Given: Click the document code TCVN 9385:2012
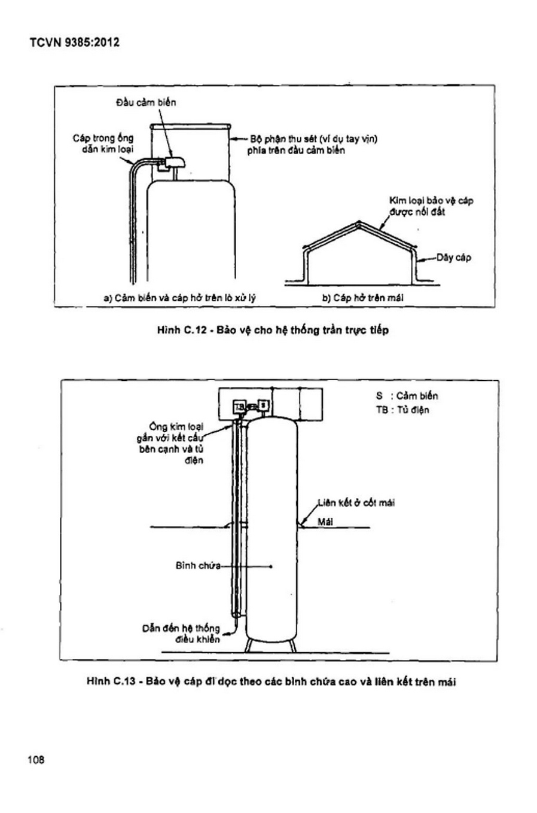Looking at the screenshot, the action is [74, 42].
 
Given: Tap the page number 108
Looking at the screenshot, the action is [36, 760].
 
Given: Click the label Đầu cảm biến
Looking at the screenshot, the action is [146, 103].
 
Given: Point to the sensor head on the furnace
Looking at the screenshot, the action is [175, 162].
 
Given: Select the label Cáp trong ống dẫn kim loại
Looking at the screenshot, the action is [103, 143].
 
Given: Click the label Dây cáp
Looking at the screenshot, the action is [453, 258].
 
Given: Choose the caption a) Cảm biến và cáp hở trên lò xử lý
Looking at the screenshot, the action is [180, 298].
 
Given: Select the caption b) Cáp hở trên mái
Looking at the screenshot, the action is [363, 298].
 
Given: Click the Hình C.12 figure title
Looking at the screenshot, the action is [273, 330].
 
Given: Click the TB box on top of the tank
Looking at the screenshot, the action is [239, 406].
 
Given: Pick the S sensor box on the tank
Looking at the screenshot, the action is [264, 405].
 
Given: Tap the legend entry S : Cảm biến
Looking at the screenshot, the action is [407, 396].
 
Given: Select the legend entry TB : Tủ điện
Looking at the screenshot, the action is [402, 409].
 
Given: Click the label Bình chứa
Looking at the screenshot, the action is [198, 566].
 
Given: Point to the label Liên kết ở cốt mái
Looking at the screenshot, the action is [356, 503].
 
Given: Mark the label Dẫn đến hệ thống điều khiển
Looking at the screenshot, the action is [181, 633].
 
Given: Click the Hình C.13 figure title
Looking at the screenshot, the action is [271, 681].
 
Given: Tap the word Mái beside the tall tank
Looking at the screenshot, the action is [325, 522].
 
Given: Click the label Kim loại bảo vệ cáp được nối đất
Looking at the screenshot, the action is [431, 206].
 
